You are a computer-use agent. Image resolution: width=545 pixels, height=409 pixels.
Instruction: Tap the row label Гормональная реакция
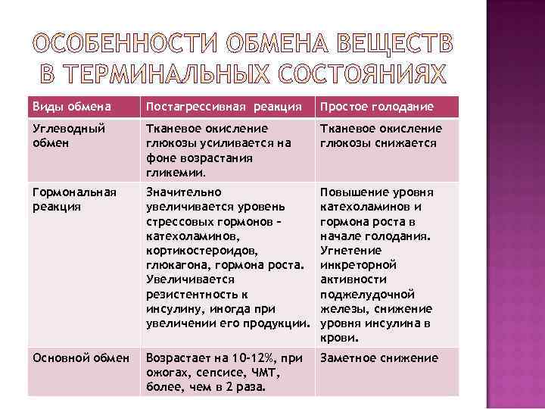click(x=74, y=199)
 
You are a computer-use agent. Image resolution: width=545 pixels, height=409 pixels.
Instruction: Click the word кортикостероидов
click(x=201, y=249)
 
